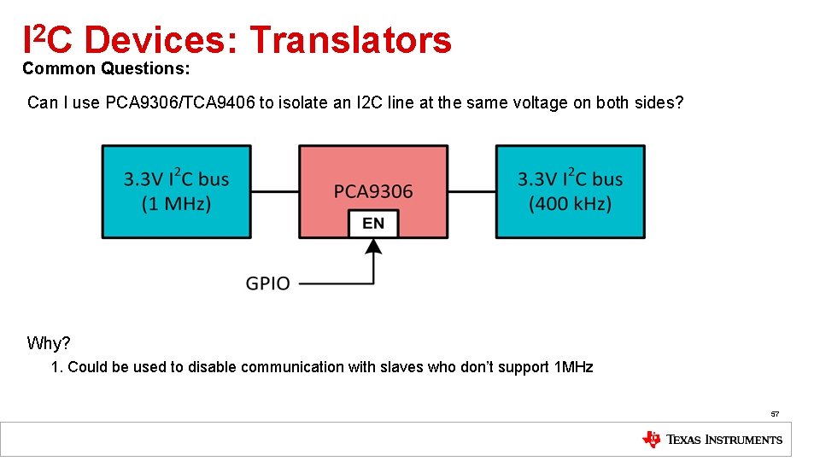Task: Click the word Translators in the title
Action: tap(349, 40)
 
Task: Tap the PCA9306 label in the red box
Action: tap(373, 191)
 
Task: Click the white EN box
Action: tap(373, 224)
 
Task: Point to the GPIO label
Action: tap(267, 283)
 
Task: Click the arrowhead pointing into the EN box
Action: tap(373, 247)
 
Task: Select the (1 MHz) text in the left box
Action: tap(177, 204)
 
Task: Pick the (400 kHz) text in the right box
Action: tap(570, 204)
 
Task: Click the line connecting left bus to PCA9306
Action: tap(274, 191)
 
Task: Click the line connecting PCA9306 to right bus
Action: tap(471, 191)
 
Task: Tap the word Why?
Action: tap(49, 343)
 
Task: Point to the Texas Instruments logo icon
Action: tap(651, 440)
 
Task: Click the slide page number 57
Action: tap(775, 414)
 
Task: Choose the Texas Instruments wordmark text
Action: tap(723, 440)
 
